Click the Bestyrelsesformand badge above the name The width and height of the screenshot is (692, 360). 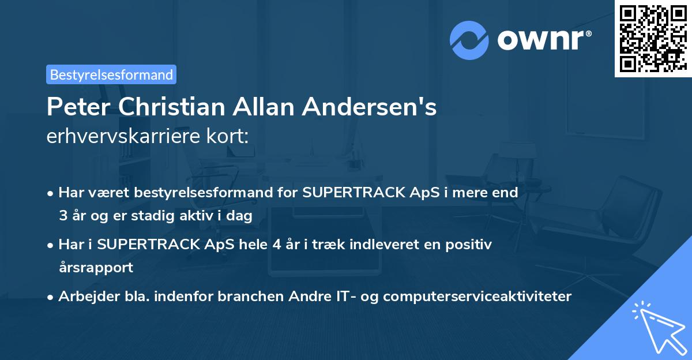pos(111,74)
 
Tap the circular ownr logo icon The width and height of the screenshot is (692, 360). pos(469,40)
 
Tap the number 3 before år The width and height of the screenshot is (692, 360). pos(62,215)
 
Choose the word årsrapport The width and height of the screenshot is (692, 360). pos(96,267)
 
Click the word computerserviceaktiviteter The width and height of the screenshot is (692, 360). pos(477,297)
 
